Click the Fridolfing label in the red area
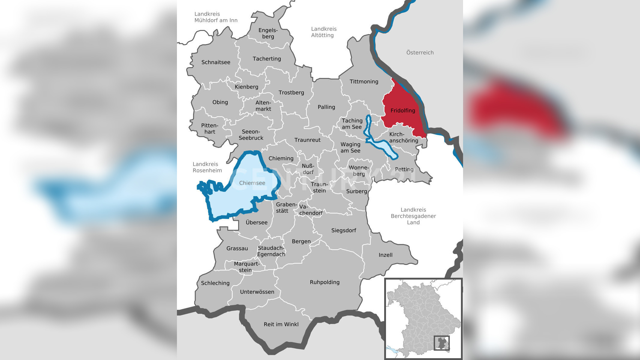pyautogui.click(x=403, y=111)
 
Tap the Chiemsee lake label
pyautogui.click(x=252, y=183)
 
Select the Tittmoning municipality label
pyautogui.click(x=364, y=82)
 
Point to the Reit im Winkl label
pyautogui.click(x=281, y=324)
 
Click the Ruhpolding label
pyautogui.click(x=324, y=282)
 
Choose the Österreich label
pyautogui.click(x=420, y=53)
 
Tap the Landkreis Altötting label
pyautogui.click(x=324, y=32)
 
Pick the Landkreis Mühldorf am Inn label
pyautogui.click(x=216, y=17)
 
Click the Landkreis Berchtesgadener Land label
pyautogui.click(x=413, y=216)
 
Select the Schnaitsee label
pyautogui.click(x=216, y=62)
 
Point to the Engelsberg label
pyautogui.click(x=268, y=33)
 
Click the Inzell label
pyautogui.click(x=385, y=255)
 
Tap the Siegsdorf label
pyautogui.click(x=343, y=230)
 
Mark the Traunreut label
pyautogui.click(x=307, y=140)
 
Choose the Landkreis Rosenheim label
pyautogui.click(x=207, y=167)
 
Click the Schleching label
pyautogui.click(x=215, y=283)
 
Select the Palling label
pyautogui.click(x=326, y=107)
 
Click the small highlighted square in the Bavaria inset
pyautogui.click(x=442, y=343)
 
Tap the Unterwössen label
pyautogui.click(x=257, y=292)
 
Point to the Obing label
pyautogui.click(x=220, y=102)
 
